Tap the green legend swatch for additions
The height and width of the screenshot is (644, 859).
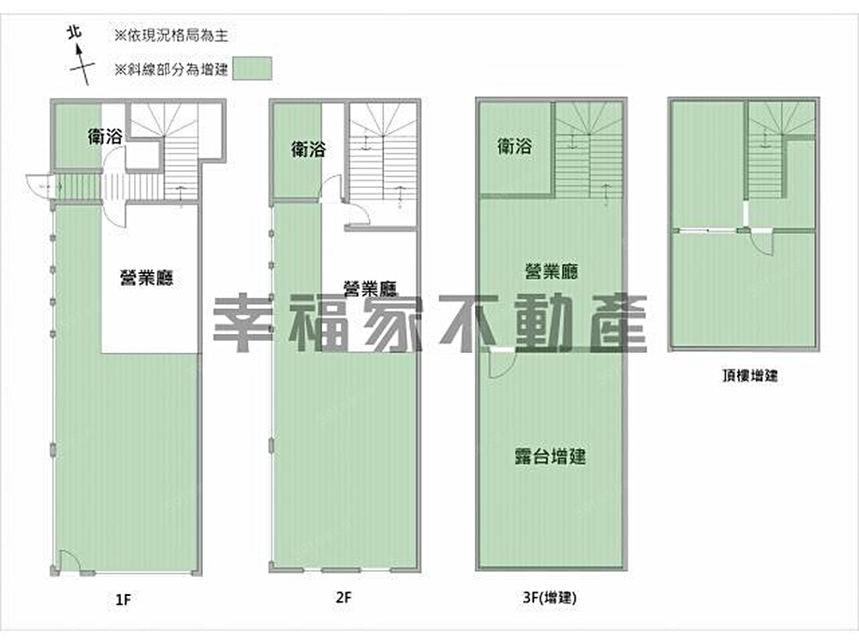(x=252, y=69)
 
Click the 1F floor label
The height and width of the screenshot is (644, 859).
(x=123, y=599)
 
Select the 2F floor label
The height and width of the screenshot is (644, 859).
(x=344, y=597)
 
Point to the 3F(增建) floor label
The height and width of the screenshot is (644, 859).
(x=550, y=598)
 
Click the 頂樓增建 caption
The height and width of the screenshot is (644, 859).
(x=750, y=376)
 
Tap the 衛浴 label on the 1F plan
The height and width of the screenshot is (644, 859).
(x=105, y=137)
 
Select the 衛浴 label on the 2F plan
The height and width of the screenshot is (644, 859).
(x=308, y=149)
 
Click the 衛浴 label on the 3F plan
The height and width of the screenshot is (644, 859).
(x=515, y=146)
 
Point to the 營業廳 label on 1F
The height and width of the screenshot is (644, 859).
(x=147, y=277)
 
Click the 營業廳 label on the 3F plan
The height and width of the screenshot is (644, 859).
(x=551, y=271)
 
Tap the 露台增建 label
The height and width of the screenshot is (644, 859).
(x=551, y=456)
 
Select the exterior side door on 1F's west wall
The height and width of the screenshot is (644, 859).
(x=40, y=186)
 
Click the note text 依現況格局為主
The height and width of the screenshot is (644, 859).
(x=172, y=35)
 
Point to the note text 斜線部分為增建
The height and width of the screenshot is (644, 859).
(x=172, y=70)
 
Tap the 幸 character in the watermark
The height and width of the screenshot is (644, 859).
(x=243, y=325)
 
